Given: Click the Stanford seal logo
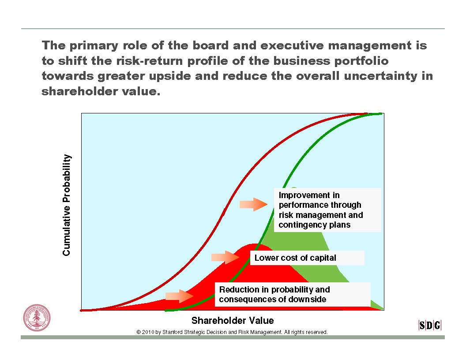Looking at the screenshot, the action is point(37,318).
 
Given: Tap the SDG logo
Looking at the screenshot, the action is point(430,325).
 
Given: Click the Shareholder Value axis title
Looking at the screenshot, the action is point(233,320).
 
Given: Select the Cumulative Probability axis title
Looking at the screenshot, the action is point(67,205).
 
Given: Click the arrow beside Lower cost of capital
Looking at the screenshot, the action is point(225,257).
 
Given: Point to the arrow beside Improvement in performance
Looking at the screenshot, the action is point(253,204).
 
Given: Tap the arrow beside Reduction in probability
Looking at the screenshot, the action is point(179,296).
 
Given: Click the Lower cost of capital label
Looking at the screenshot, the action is point(295,258).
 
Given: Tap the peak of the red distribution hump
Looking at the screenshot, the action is point(256,244).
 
